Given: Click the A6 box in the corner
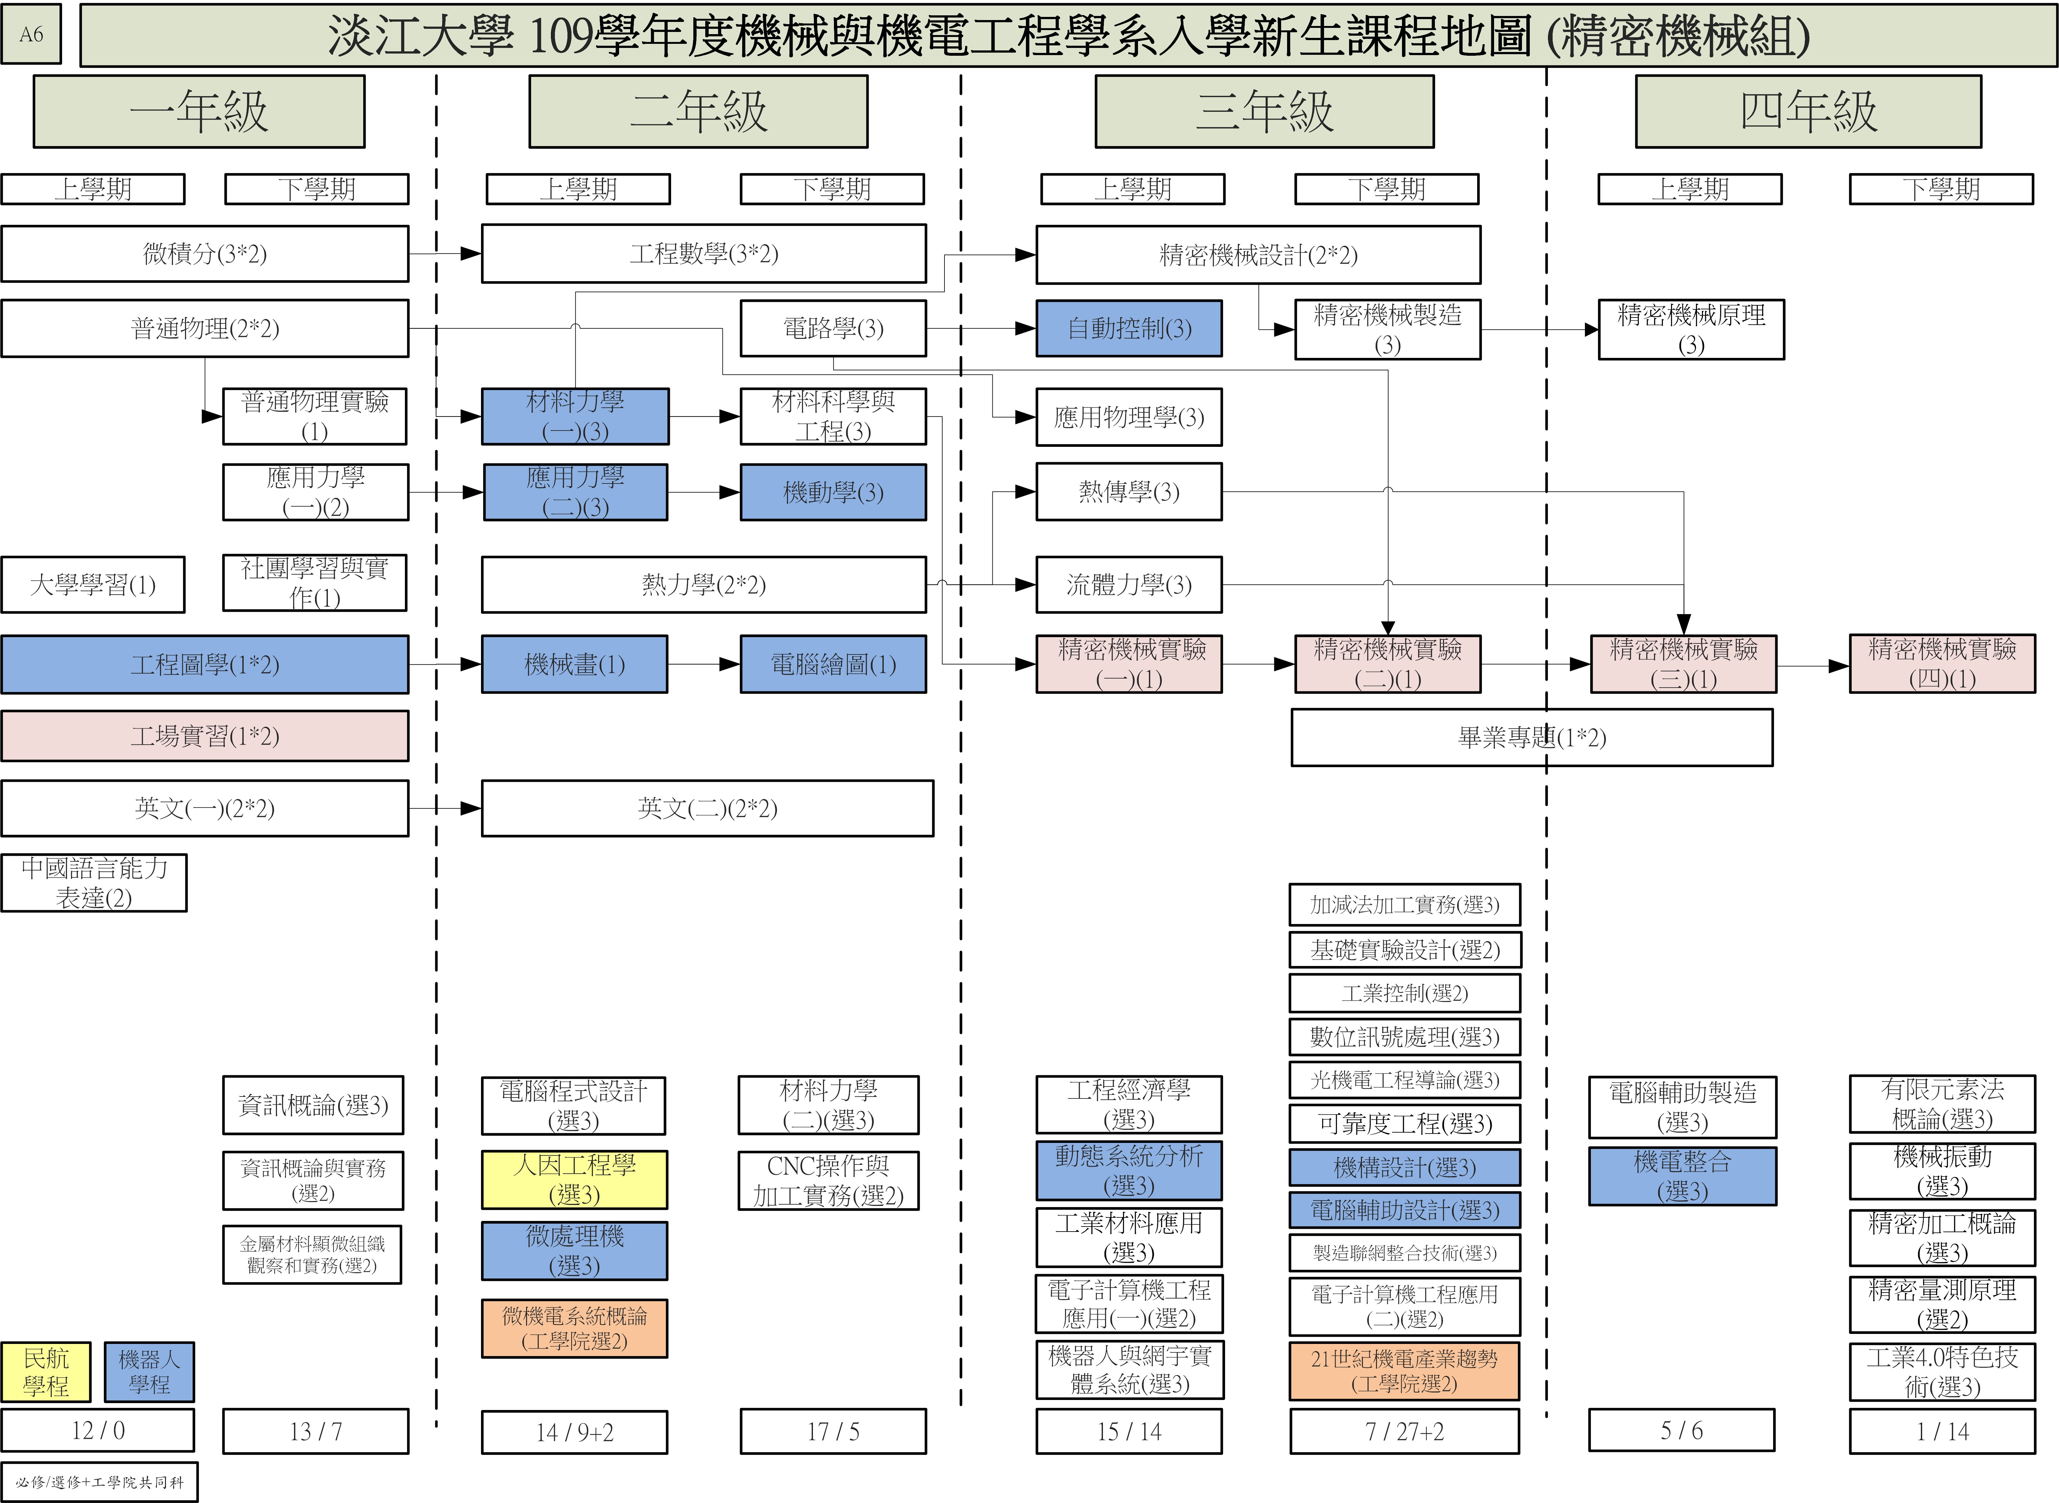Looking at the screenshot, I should coord(31,34).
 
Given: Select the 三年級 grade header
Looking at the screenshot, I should coord(1264,111).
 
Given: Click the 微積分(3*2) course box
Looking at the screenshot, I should coord(205,254).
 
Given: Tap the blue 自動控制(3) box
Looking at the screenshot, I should coord(1128,328).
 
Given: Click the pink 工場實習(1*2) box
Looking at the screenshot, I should coord(205,736).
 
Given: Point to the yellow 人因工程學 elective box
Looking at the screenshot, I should coord(574,1179).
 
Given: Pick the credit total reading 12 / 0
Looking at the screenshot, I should coord(97,1430).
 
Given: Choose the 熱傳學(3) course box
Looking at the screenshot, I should coord(1128,492).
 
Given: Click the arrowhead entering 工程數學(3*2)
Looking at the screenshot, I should coord(471,254).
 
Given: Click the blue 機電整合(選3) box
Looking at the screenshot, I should coord(1682,1175).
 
